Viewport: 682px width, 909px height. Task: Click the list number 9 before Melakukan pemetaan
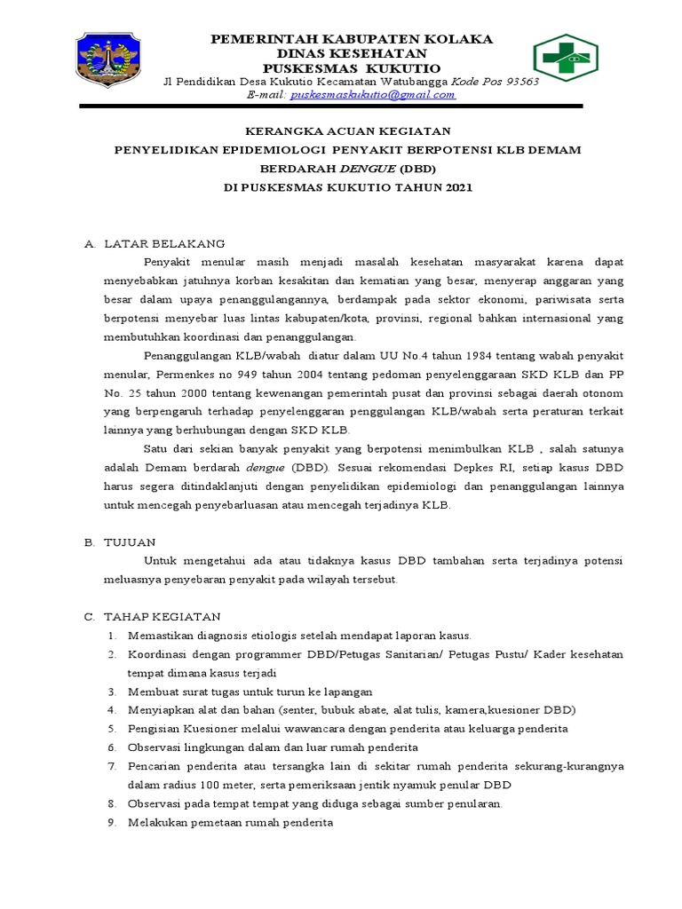click(112, 822)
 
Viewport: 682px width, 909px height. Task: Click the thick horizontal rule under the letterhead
click(330, 107)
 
